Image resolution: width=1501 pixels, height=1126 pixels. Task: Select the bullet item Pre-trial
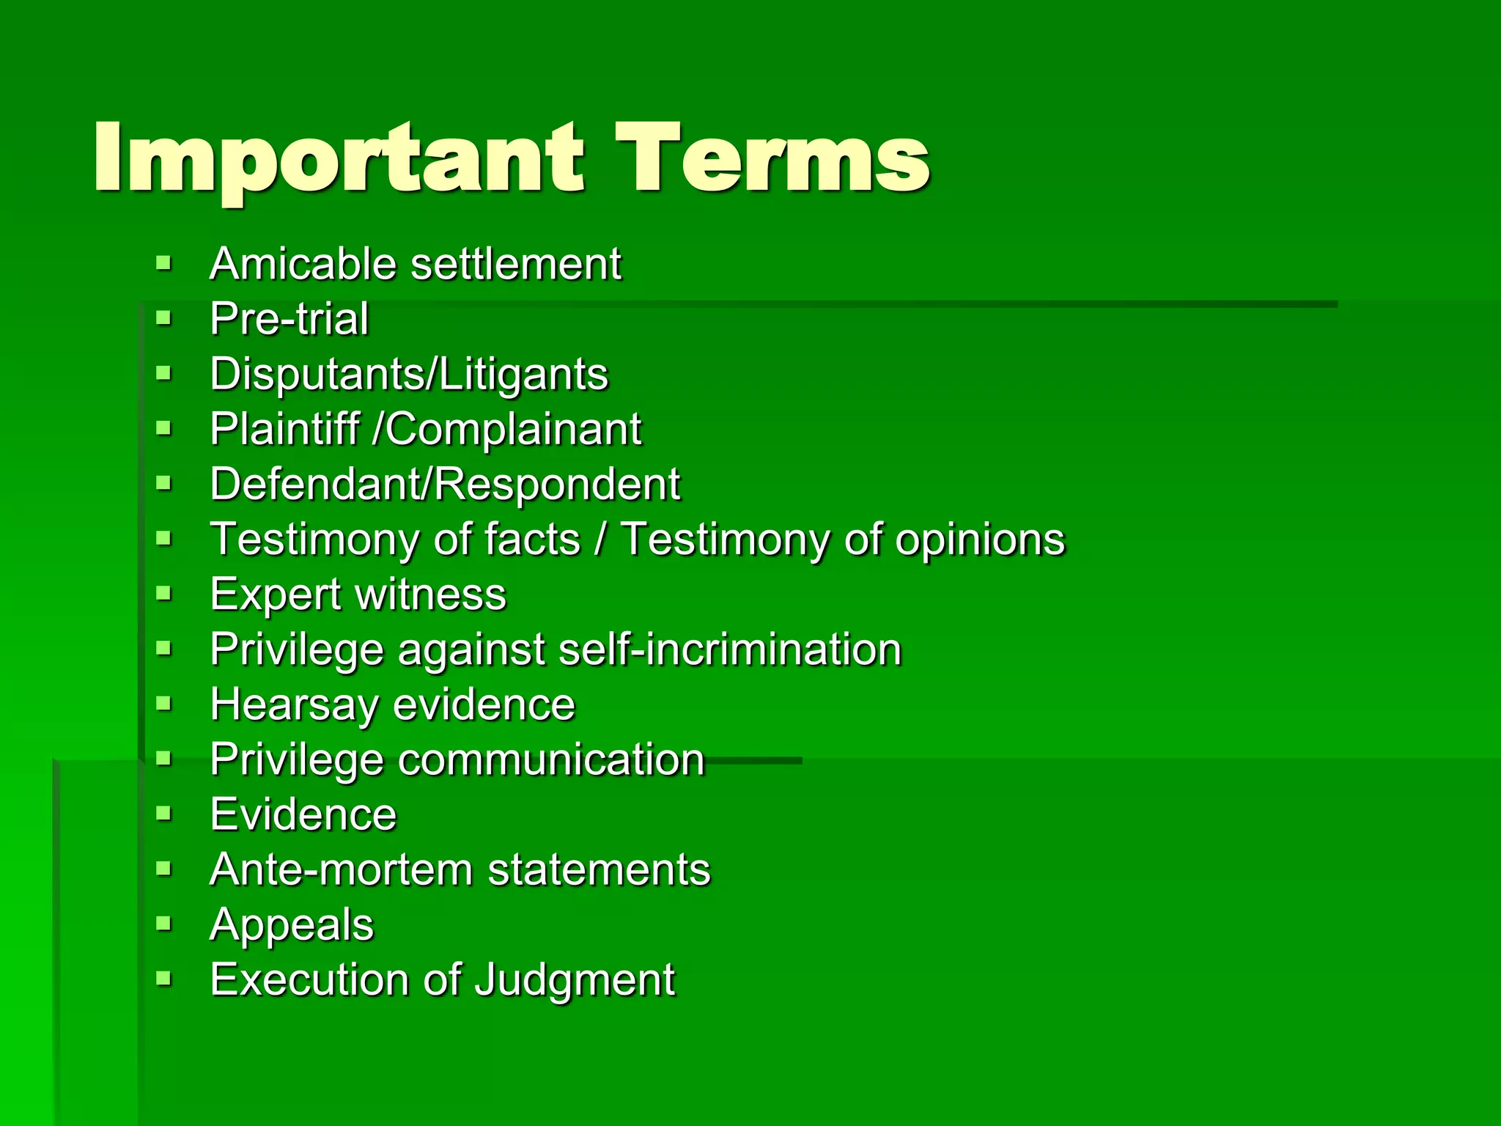[x=289, y=319]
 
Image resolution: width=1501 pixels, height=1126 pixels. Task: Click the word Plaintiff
[x=284, y=429]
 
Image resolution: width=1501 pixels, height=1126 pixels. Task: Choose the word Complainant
[x=513, y=429]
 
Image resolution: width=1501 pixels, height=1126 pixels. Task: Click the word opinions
[x=980, y=540]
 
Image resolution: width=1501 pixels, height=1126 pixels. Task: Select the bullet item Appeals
[x=292, y=925]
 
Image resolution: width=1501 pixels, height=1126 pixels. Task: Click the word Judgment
[x=575, y=980]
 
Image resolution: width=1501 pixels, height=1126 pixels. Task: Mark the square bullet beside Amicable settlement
[x=163, y=262]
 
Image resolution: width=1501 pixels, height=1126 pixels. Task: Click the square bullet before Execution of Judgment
[x=163, y=979]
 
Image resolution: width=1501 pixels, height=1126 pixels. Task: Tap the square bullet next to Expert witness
[x=163, y=593]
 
